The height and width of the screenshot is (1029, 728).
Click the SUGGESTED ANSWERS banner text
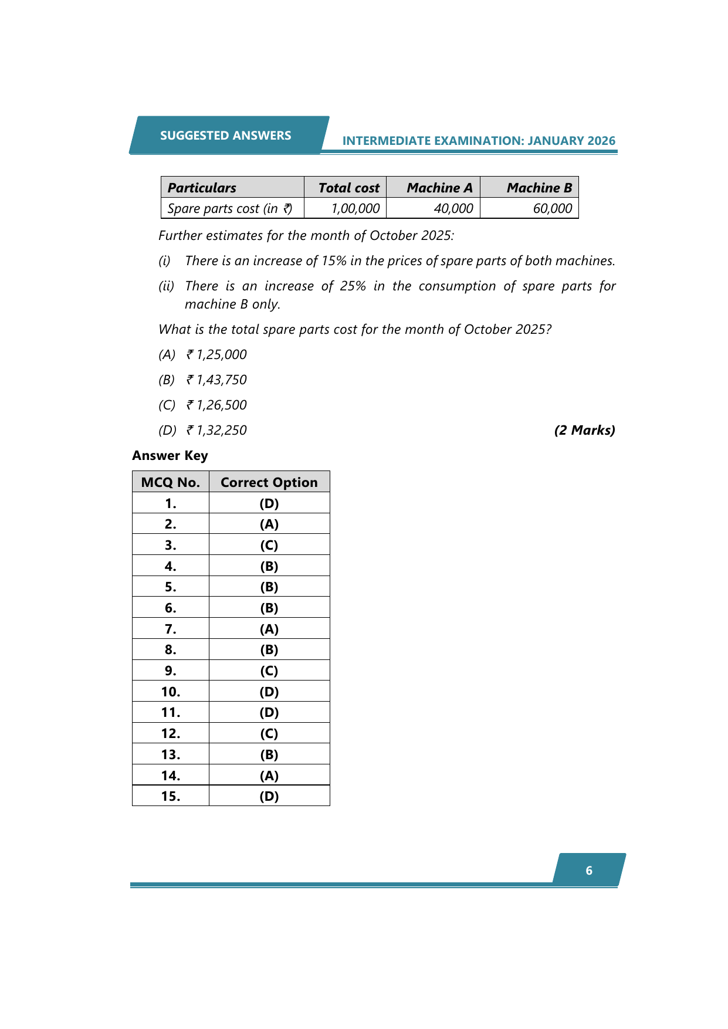pos(225,136)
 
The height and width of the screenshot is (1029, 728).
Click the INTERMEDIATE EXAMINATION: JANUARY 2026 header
pos(479,141)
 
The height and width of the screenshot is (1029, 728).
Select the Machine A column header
pos(439,188)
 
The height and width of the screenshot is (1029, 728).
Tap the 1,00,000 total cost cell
pos(355,209)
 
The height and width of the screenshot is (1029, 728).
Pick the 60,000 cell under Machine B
pos(552,209)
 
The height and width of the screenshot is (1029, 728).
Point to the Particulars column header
pos(202,188)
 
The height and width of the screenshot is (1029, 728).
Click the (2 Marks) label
pos(584,431)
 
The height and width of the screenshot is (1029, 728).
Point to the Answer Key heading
pos(170,456)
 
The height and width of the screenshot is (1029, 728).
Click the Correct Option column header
pos(269,482)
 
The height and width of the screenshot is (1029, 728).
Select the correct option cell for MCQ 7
pos(269,629)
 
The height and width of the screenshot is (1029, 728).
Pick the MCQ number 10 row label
pos(171,692)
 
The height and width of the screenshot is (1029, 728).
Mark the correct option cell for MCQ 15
pos(269,796)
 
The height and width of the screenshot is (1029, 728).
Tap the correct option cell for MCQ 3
pos(269,545)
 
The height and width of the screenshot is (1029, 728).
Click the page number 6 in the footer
pos(589,871)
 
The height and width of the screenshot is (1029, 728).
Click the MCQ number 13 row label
pos(171,754)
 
